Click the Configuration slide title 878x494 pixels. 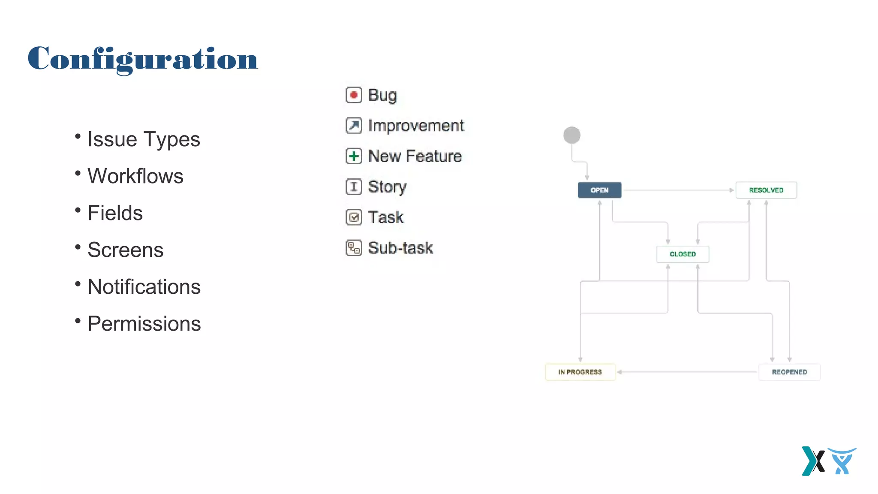143,59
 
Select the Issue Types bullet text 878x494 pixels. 144,139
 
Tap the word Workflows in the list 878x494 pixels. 135,176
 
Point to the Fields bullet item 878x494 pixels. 115,213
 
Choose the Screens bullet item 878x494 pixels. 125,250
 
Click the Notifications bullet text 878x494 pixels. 144,287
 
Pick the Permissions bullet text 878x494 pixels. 144,324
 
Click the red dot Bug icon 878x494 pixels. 354,95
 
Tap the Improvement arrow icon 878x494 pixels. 354,126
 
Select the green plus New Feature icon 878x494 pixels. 354,156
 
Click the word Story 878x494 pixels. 387,187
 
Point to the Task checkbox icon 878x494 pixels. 354,217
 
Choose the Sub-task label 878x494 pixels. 400,248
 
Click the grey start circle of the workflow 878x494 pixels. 571,136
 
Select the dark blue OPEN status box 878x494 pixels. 599,190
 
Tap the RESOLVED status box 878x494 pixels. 766,190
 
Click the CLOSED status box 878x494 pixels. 683,254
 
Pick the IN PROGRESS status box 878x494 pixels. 580,372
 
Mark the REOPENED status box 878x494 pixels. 789,372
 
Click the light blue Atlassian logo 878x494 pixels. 842,461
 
